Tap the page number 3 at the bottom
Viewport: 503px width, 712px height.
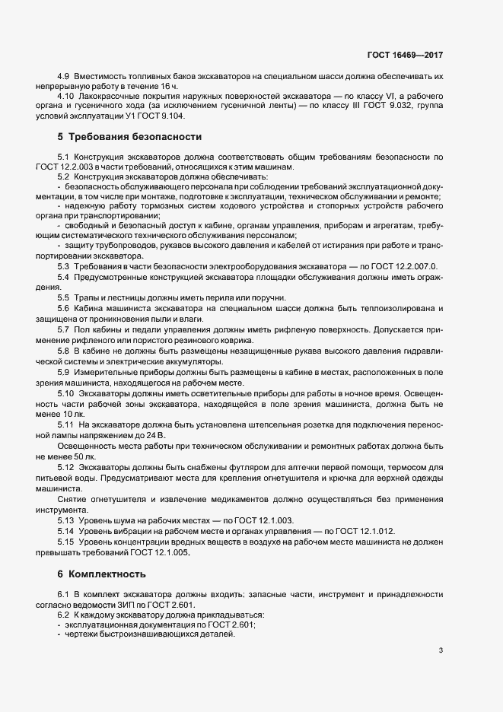pyautogui.click(x=441, y=650)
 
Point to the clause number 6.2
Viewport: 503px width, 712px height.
pyautogui.click(x=64, y=612)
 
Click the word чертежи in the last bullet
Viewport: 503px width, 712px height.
pyautogui.click(x=85, y=634)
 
